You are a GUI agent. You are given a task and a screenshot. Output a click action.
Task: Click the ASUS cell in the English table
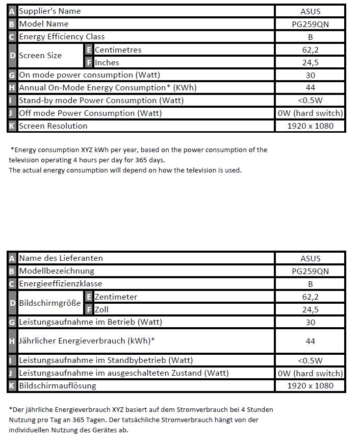[x=310, y=11]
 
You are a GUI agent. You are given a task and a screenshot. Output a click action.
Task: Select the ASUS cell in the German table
[x=310, y=258]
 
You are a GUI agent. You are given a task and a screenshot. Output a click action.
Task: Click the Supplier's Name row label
[x=49, y=11]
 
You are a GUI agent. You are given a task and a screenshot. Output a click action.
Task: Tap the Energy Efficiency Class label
[x=62, y=37]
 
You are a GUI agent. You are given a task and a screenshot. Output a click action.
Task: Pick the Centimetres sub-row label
[x=118, y=50]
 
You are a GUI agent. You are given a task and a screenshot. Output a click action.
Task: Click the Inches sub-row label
[x=107, y=62]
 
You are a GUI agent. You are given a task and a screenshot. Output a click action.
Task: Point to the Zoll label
[x=101, y=309]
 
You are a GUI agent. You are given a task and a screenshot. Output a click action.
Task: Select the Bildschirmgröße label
[x=49, y=303]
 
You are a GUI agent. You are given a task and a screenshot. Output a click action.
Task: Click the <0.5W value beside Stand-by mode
[x=310, y=101]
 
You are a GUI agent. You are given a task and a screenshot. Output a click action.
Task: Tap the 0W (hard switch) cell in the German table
[x=310, y=373]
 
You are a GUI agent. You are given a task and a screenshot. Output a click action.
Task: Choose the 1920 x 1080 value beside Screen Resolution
[x=310, y=126]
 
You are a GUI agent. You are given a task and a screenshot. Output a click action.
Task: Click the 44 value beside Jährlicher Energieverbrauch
[x=310, y=341]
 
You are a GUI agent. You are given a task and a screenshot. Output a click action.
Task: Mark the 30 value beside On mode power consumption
[x=310, y=75]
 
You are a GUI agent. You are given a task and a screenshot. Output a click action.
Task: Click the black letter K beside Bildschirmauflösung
[x=12, y=386]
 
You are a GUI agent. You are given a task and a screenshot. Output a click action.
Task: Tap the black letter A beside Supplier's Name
[x=12, y=11]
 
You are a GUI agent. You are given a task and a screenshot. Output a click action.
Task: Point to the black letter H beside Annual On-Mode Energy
[x=12, y=88]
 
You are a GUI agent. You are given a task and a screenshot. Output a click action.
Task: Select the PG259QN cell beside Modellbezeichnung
[x=310, y=271]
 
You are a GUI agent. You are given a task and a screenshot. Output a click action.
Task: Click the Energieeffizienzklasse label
[x=60, y=284]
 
